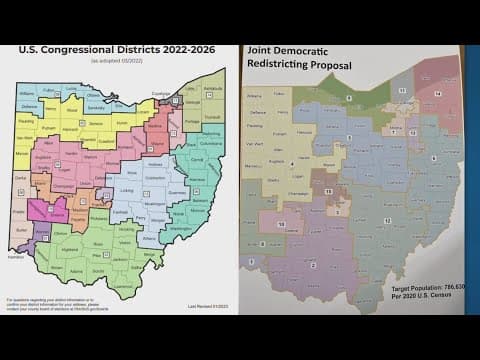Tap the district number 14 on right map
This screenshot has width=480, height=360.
pyautogui.click(x=438, y=92)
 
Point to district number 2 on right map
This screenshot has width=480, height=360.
pyautogui.click(x=316, y=265)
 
